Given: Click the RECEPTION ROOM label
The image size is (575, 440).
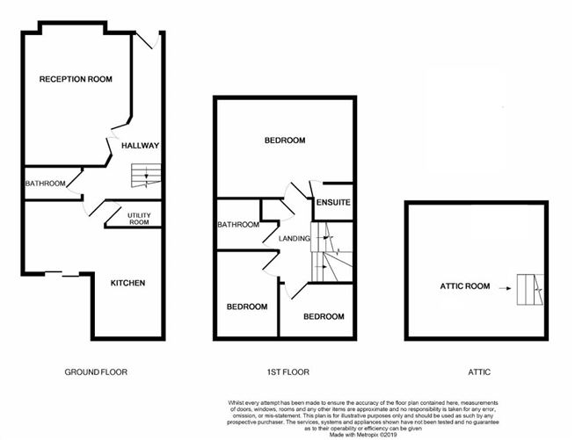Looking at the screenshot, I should pyautogui.click(x=76, y=79).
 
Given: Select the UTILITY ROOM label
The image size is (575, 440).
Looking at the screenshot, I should pyautogui.click(x=139, y=218).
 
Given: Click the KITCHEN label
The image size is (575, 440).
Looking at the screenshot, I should pyautogui.click(x=127, y=283).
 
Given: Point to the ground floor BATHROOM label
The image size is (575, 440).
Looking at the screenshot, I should pyautogui.click(x=44, y=184).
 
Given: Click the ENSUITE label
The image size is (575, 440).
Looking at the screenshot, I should pyautogui.click(x=335, y=203).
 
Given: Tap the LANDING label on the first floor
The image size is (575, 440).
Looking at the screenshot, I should pyautogui.click(x=294, y=238).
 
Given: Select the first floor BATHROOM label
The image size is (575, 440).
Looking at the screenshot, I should pyautogui.click(x=238, y=225).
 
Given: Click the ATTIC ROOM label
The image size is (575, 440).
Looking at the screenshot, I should pyautogui.click(x=465, y=286).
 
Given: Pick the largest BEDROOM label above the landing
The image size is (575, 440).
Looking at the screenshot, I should pyautogui.click(x=284, y=141).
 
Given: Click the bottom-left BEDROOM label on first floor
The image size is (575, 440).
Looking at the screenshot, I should pyautogui.click(x=247, y=307).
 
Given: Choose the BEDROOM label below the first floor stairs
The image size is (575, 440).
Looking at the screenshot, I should pyautogui.click(x=324, y=316).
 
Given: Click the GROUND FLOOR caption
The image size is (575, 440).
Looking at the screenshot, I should pyautogui.click(x=96, y=372).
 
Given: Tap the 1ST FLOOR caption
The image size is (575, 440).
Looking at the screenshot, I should pyautogui.click(x=286, y=372).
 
